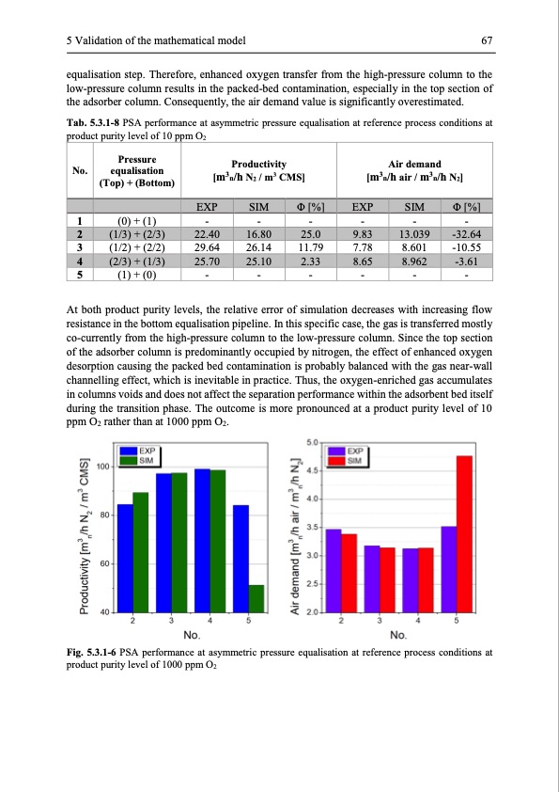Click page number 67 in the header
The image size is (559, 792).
pos(486,40)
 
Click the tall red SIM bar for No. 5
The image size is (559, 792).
pos(464,533)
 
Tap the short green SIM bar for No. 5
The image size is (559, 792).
pos(256,598)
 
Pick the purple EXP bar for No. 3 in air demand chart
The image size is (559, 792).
pos(372,578)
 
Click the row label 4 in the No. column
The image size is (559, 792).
pos(80,261)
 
